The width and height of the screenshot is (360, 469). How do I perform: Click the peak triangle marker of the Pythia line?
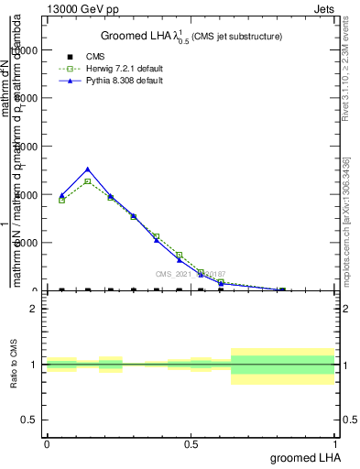[x=87, y=169]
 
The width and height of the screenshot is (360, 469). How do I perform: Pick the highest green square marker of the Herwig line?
[x=87, y=181]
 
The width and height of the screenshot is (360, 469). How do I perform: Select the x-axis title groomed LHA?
[x=303, y=457]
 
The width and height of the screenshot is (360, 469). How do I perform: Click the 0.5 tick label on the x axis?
[x=191, y=443]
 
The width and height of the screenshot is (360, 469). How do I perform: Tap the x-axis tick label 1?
[x=334, y=443]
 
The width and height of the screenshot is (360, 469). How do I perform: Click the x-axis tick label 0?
[x=47, y=443]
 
